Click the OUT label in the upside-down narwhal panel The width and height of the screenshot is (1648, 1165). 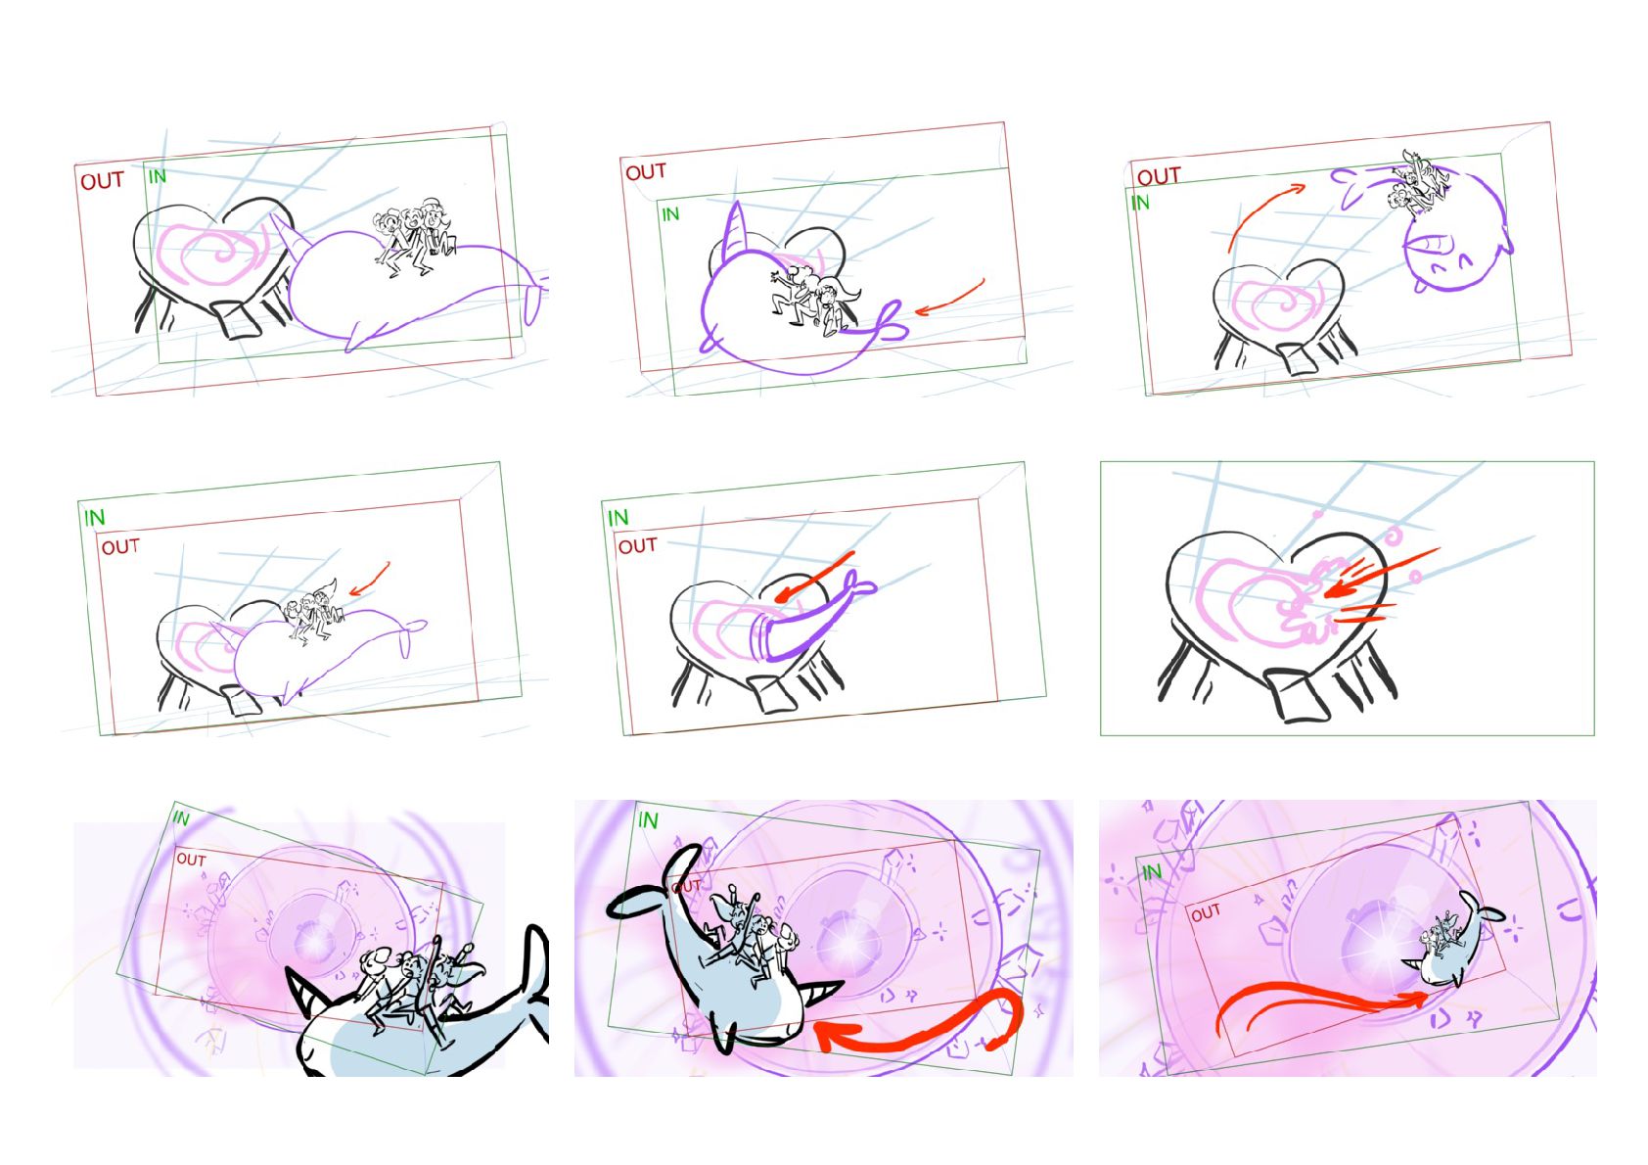click(1159, 176)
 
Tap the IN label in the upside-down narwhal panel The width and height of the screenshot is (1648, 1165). click(1140, 203)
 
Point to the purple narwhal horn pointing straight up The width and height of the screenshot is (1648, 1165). click(734, 230)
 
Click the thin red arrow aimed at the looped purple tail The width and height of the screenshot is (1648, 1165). click(949, 298)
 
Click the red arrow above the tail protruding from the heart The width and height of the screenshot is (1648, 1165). click(815, 577)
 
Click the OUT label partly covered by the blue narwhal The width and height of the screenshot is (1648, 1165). click(686, 886)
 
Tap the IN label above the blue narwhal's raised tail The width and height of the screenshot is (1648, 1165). click(648, 819)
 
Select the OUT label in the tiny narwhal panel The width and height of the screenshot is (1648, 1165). click(1206, 913)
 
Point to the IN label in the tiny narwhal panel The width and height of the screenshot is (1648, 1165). click(1152, 873)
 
